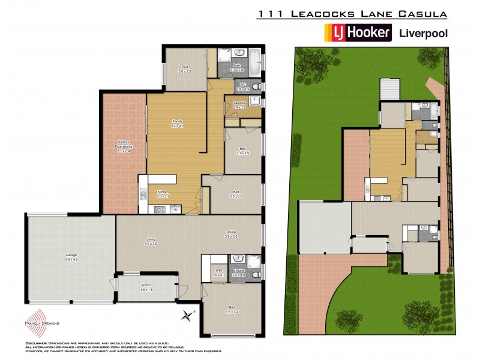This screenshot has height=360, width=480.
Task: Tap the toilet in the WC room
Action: (x=256, y=87)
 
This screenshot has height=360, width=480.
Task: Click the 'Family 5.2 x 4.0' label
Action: (x=177, y=124)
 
